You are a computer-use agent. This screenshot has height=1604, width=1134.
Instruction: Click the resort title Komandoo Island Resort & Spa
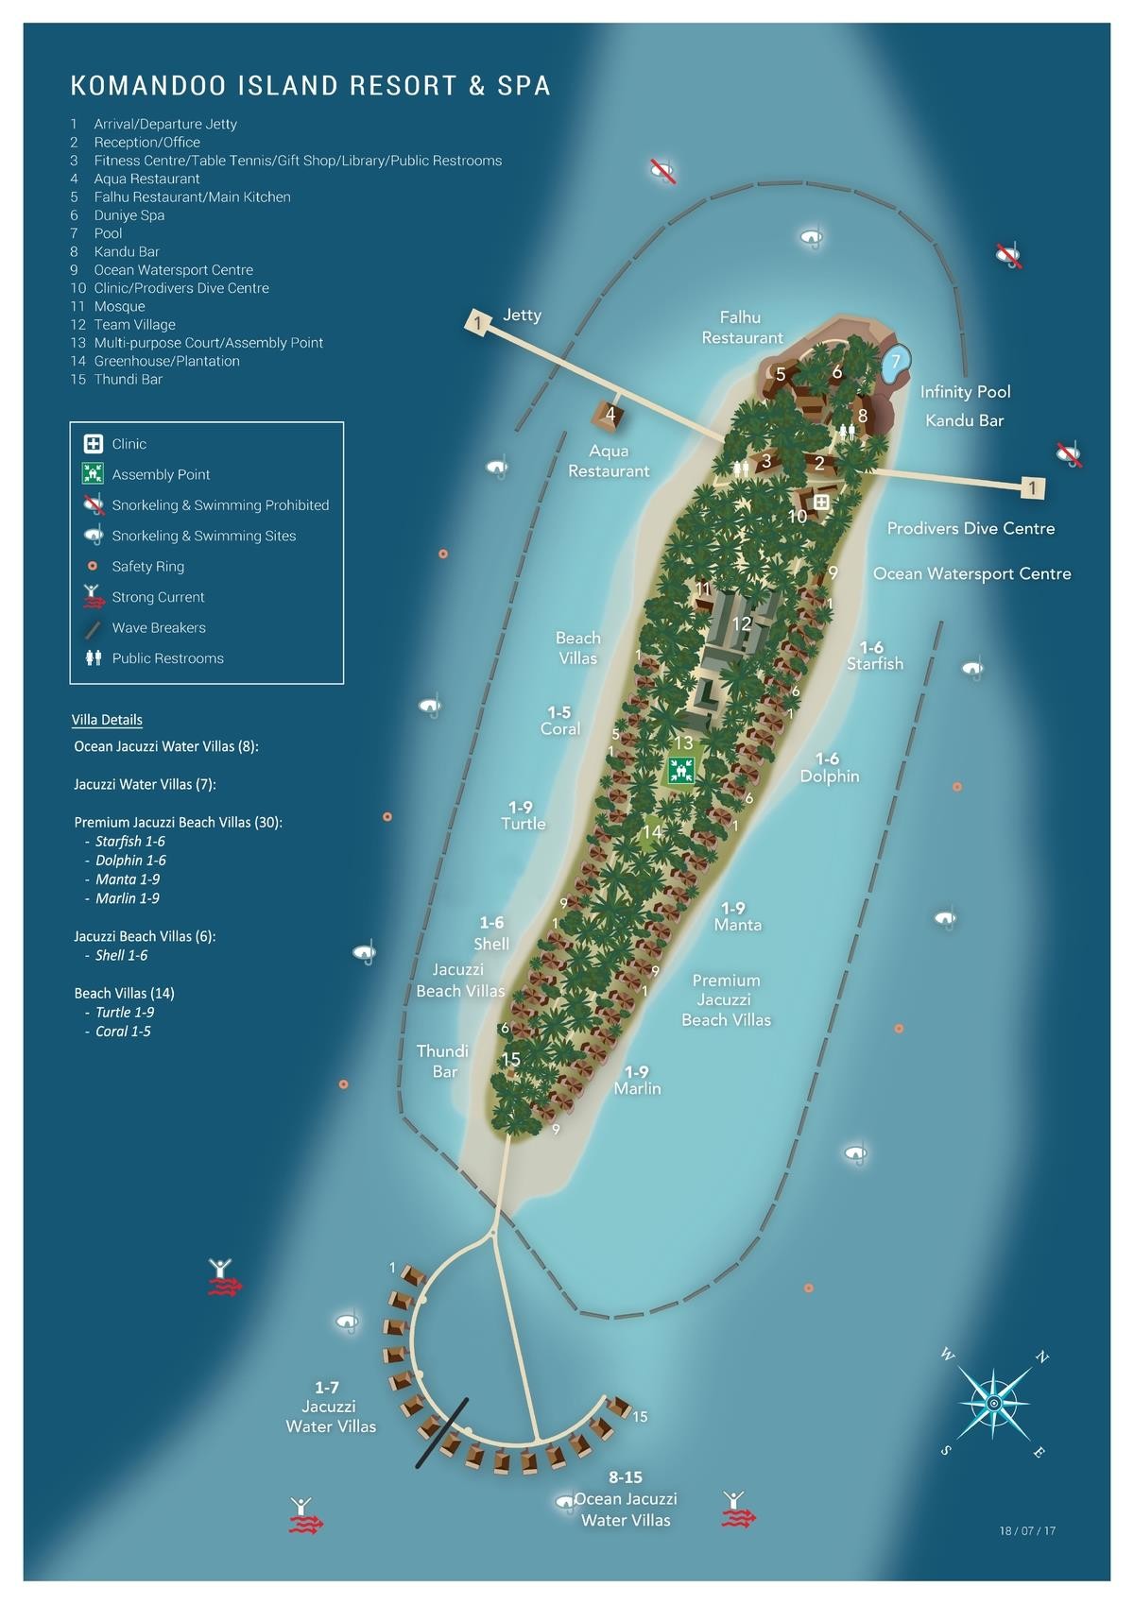(310, 86)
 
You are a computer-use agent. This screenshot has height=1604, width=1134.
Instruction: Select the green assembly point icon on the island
(681, 770)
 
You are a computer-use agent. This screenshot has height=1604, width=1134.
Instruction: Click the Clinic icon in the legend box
(94, 444)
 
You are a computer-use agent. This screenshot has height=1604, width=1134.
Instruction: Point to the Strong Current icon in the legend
(94, 597)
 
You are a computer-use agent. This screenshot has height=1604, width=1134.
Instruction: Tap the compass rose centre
(993, 1404)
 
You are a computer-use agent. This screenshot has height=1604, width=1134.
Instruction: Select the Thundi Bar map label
(442, 1061)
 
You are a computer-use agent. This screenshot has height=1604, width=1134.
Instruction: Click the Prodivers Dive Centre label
(971, 528)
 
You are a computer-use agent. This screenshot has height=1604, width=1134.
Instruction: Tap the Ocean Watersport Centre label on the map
(971, 573)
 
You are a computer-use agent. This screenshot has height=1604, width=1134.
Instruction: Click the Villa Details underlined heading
(107, 720)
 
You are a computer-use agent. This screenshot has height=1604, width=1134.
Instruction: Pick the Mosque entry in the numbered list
(119, 306)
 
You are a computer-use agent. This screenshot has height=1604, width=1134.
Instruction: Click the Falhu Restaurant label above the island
(742, 327)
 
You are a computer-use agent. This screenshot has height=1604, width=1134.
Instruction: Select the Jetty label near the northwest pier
(522, 315)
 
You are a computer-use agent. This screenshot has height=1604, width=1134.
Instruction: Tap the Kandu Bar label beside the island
(964, 420)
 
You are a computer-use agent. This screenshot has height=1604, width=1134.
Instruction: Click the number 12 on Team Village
(741, 623)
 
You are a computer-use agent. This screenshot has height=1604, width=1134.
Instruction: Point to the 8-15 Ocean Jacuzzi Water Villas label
(625, 1498)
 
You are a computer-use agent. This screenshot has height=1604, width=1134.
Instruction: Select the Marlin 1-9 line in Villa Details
(127, 898)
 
